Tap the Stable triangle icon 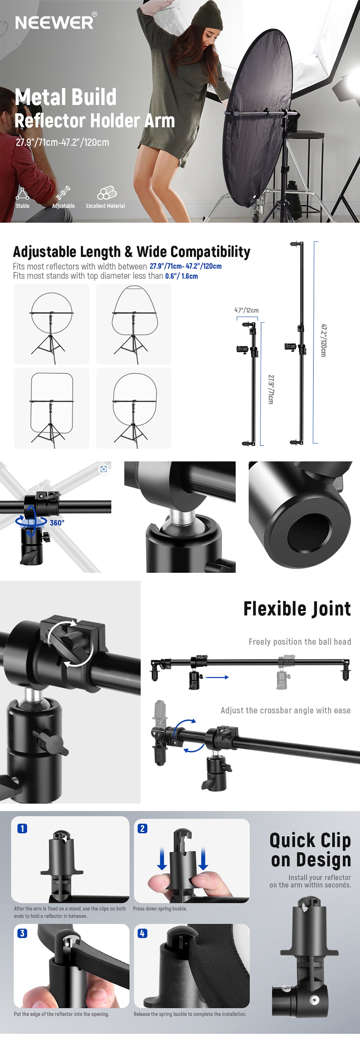pos(22,193)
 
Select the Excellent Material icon pos(107,193)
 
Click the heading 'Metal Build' pos(66,97)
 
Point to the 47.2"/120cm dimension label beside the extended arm pos(323,340)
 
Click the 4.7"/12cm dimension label pos(247,310)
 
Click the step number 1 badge pos(22,828)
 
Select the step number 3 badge pos(22,933)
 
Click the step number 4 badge pos(142,933)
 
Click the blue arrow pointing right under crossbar pos(217,677)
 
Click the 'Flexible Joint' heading pos(297,609)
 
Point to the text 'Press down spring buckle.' pos(160,909)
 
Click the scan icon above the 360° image pos(103,469)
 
